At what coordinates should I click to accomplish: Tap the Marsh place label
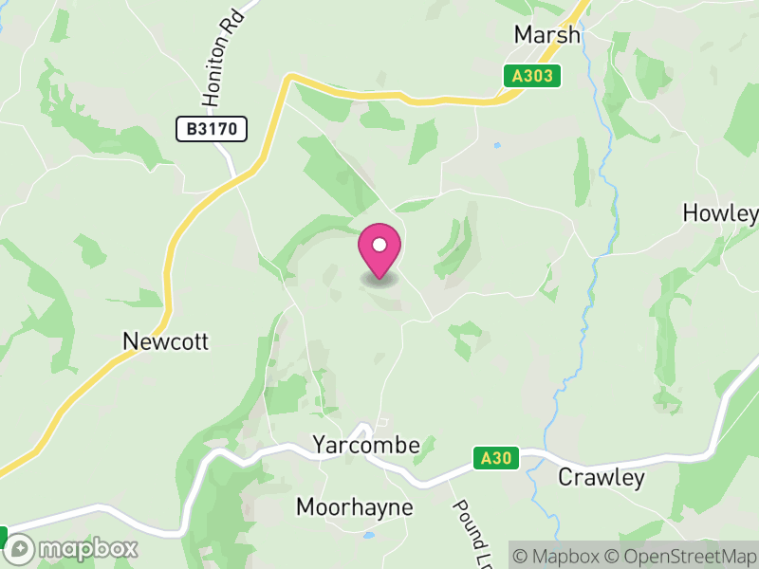pos(546,34)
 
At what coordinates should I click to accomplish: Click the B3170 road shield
pos(212,129)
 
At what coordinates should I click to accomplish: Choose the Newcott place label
pos(165,341)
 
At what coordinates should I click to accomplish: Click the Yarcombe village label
pos(365,445)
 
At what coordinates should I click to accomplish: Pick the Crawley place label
pos(601,477)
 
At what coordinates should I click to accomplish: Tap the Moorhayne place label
pos(355,507)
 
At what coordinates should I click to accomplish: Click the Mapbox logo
pos(72,548)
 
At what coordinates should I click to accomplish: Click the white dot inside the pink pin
pos(379,245)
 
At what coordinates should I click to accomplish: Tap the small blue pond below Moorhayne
pos(368,535)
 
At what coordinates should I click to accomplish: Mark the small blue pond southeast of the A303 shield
pos(495,145)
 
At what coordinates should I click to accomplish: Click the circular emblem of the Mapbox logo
pos(20,548)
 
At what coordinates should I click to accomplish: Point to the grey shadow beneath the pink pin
pos(379,280)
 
